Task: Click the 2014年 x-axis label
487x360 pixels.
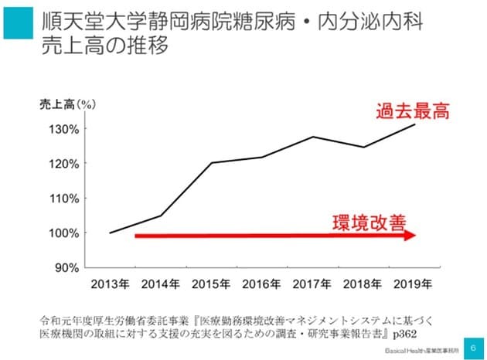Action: (x=160, y=282)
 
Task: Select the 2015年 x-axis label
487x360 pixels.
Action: (x=212, y=282)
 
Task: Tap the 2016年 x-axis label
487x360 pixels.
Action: (x=262, y=282)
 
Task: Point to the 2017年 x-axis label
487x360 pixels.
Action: (x=313, y=282)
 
